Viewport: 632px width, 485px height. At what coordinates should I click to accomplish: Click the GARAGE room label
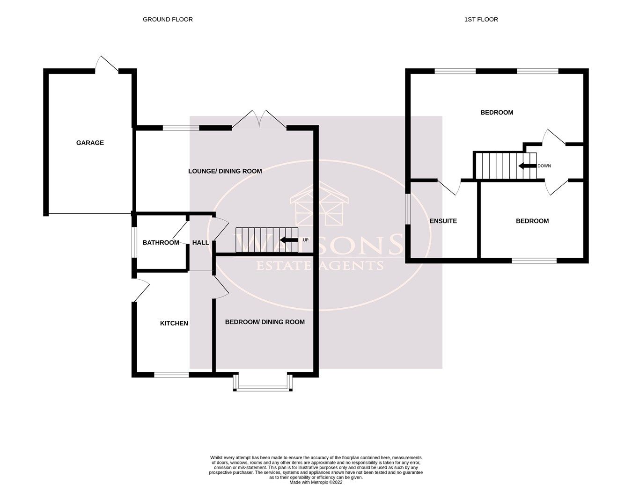(90, 143)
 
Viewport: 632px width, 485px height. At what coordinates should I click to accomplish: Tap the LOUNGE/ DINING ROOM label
(225, 171)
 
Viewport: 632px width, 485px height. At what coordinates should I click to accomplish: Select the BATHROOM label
(161, 243)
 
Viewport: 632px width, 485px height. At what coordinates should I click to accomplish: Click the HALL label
(200, 243)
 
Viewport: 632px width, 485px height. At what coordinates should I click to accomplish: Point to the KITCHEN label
(174, 323)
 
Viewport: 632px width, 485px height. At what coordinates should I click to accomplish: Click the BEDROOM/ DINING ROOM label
(265, 322)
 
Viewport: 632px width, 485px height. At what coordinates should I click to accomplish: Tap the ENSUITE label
(443, 221)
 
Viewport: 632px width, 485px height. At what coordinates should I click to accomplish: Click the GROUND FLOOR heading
(168, 20)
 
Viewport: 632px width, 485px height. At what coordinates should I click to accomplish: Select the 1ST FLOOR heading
(481, 20)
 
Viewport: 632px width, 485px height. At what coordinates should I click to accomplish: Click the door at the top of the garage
(107, 64)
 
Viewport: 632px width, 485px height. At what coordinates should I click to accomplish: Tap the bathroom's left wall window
(133, 242)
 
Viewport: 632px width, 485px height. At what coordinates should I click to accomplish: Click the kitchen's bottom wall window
(171, 374)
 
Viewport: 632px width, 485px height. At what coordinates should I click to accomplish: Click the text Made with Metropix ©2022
(316, 482)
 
